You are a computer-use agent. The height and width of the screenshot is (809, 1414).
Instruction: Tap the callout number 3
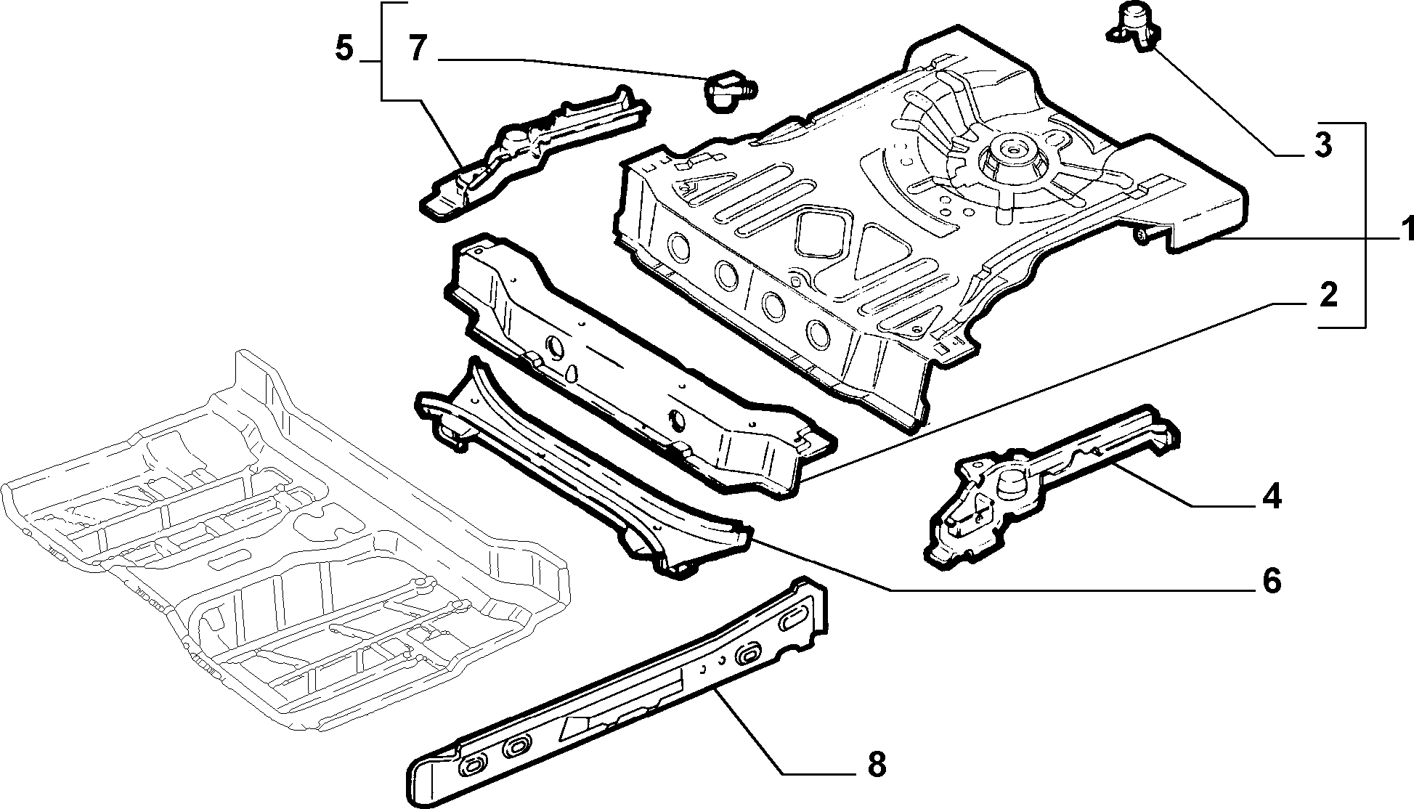pyautogui.click(x=1323, y=145)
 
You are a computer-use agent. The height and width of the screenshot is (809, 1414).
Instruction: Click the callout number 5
pyautogui.click(x=344, y=49)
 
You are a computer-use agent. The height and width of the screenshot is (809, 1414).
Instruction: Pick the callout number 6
pyautogui.click(x=1271, y=581)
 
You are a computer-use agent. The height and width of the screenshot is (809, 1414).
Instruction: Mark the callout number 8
pyautogui.click(x=877, y=765)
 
